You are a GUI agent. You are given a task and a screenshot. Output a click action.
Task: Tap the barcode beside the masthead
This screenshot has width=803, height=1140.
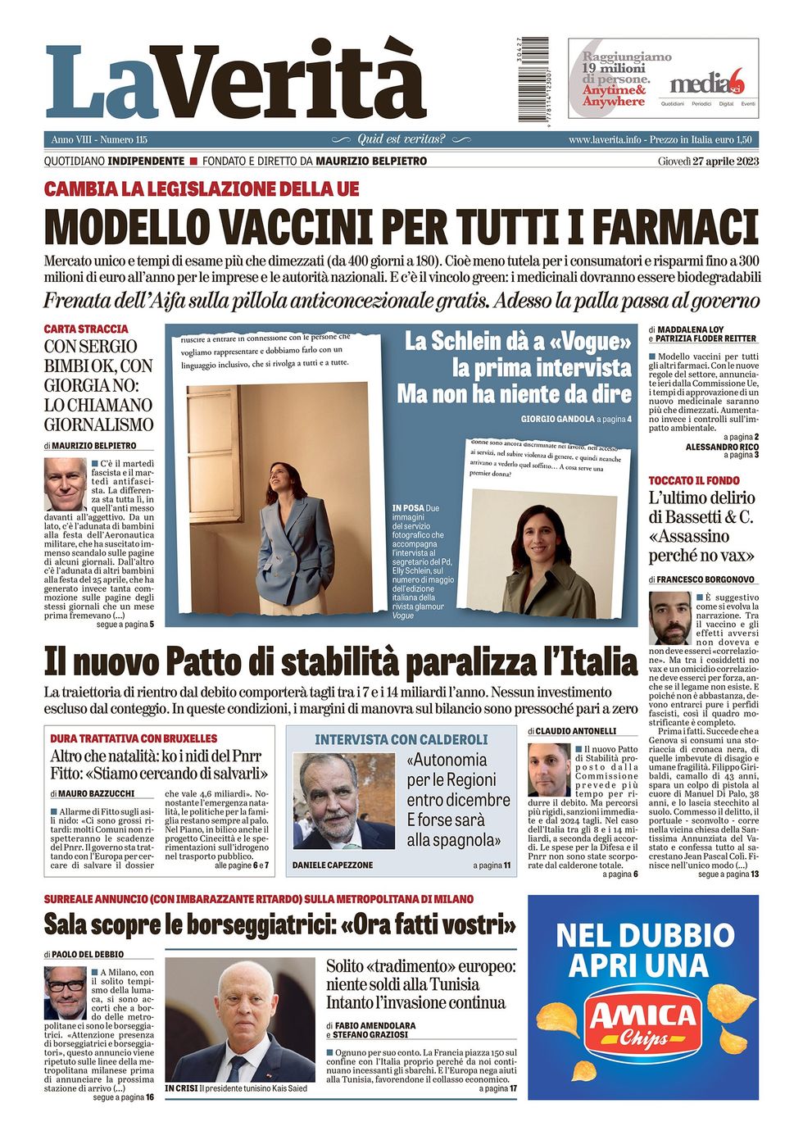click(533, 79)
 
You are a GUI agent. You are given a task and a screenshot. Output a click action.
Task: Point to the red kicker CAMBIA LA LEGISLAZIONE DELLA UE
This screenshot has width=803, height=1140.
click(202, 189)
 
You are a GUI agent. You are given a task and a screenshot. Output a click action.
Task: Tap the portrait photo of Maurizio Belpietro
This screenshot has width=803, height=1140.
click(66, 484)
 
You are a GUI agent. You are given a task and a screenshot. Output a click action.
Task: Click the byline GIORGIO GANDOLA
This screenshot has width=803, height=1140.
click(557, 419)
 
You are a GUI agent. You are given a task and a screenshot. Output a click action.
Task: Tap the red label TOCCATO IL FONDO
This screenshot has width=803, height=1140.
click(693, 480)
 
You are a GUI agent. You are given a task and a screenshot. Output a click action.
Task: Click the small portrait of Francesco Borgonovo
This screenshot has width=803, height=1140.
click(670, 617)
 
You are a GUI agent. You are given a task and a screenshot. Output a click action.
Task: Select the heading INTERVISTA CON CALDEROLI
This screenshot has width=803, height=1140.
click(401, 739)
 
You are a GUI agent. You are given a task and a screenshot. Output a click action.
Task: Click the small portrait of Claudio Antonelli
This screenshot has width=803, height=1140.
click(549, 770)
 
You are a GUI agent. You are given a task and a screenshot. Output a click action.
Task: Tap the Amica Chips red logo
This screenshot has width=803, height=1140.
click(642, 1022)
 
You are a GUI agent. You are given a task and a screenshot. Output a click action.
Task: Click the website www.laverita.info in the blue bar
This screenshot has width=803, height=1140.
click(605, 140)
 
